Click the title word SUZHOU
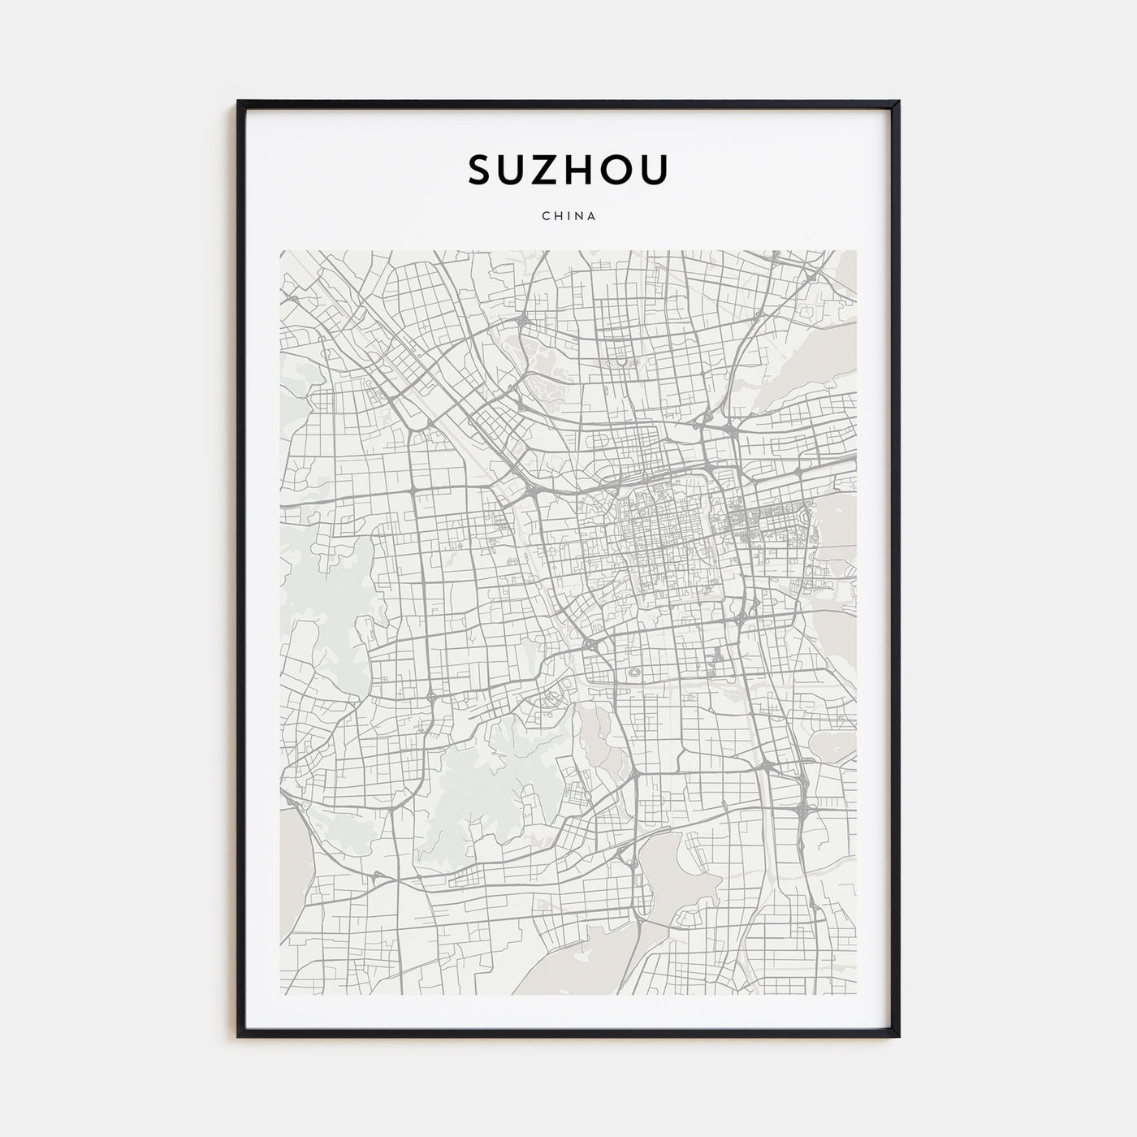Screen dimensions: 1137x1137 tap(568, 170)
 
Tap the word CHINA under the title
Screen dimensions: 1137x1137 tap(568, 216)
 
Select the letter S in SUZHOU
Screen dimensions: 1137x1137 tap(479, 170)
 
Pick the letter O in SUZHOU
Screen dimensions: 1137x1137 tap(621, 170)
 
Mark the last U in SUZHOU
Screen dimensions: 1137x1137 tap(656, 170)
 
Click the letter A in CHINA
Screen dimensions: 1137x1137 tap(592, 216)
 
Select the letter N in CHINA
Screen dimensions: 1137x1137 tap(578, 216)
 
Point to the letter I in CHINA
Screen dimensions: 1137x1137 tap(567, 216)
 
